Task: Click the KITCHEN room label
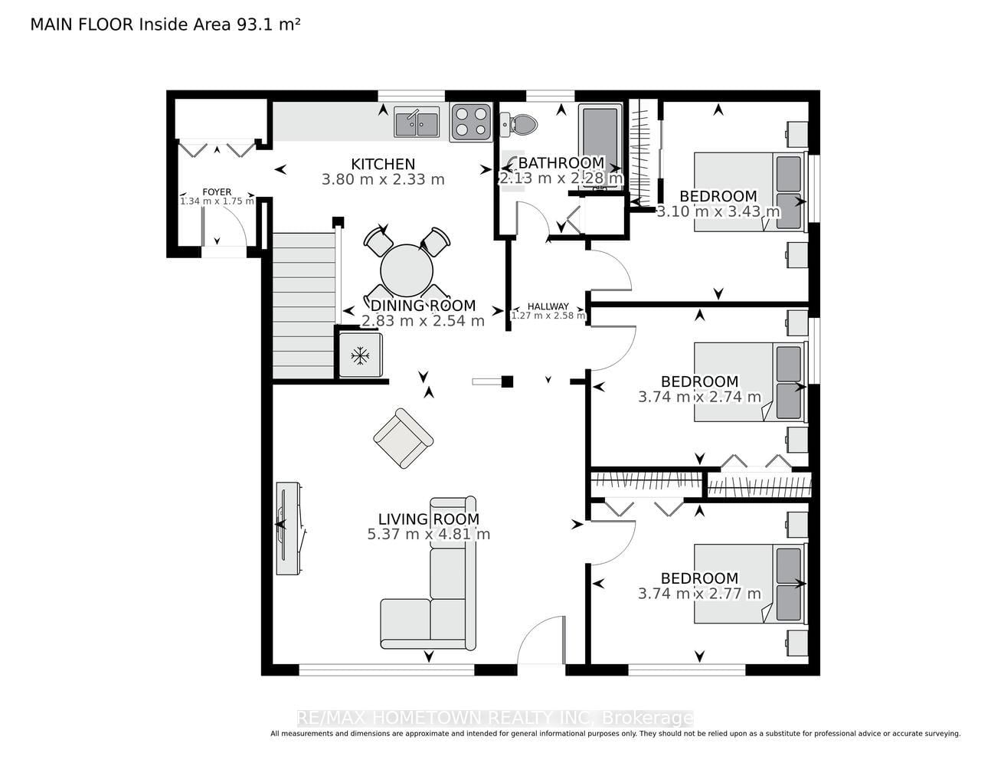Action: (383, 164)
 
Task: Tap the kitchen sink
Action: (417, 122)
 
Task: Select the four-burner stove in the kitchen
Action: (471, 122)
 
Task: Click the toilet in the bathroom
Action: (519, 124)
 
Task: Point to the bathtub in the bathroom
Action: (600, 145)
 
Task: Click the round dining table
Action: (407, 270)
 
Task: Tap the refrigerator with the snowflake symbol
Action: (360, 355)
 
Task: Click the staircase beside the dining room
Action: (304, 306)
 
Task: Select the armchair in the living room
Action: (403, 437)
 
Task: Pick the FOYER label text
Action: (217, 192)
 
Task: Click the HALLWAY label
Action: (548, 306)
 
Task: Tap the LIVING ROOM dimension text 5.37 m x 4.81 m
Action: (429, 534)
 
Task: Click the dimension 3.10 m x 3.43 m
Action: (718, 211)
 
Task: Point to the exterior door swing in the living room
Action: (541, 639)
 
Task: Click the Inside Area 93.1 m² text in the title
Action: (219, 24)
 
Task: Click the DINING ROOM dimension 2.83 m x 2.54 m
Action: (423, 320)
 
